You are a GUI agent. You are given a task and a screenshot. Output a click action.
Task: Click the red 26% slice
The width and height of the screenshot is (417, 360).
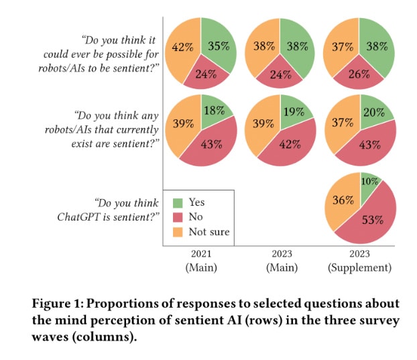[359, 74]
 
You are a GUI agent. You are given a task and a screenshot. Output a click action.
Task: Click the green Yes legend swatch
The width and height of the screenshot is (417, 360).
[177, 202]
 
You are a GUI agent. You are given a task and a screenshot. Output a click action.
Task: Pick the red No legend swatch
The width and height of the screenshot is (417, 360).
[177, 217]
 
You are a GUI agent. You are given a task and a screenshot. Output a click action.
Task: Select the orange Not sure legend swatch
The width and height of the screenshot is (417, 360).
[177, 232]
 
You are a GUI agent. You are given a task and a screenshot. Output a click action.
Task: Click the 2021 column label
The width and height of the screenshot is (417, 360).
[202, 255]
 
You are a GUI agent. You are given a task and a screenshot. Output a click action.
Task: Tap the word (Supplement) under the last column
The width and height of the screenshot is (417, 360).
[359, 267]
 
